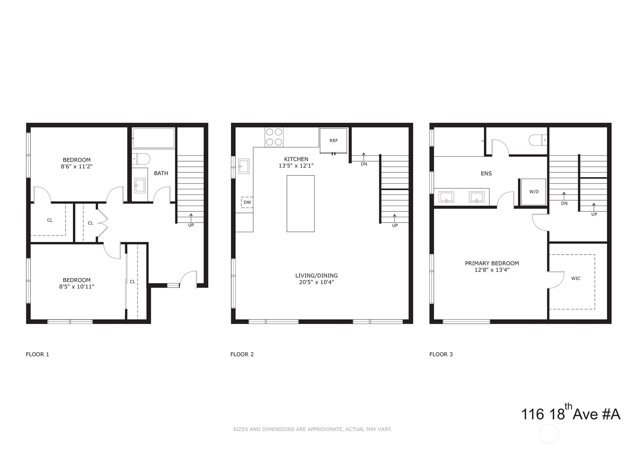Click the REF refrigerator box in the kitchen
click(333, 141)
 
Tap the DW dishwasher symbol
click(247, 202)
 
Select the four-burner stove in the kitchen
click(274, 137)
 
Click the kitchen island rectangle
click(300, 203)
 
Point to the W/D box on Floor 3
click(533, 192)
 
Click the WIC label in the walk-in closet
click(575, 279)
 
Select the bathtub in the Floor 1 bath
click(153, 138)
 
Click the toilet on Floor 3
click(538, 140)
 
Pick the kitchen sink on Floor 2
click(243, 166)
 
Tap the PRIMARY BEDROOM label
click(492, 263)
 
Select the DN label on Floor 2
click(364, 164)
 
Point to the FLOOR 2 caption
click(242, 354)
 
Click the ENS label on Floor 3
click(486, 174)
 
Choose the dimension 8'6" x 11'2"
click(76, 167)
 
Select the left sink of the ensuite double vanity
click(446, 197)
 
